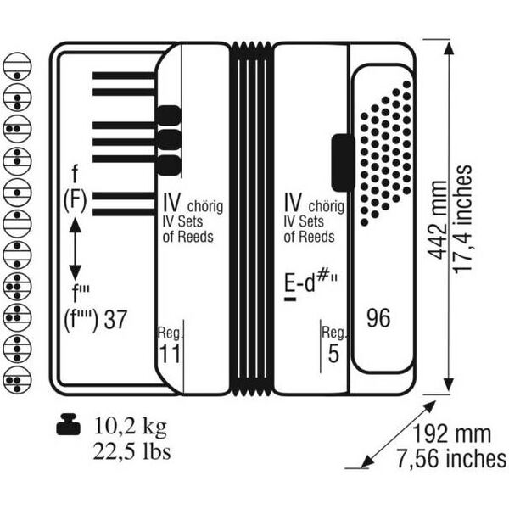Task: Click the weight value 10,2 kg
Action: click(130, 426)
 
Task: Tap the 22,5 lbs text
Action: click(131, 451)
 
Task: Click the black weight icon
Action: click(68, 424)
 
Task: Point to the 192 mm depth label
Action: click(451, 433)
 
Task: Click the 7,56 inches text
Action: click(451, 459)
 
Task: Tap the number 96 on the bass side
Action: click(378, 318)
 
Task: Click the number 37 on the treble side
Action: click(115, 320)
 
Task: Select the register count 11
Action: click(170, 354)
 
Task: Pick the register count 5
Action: click(333, 354)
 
